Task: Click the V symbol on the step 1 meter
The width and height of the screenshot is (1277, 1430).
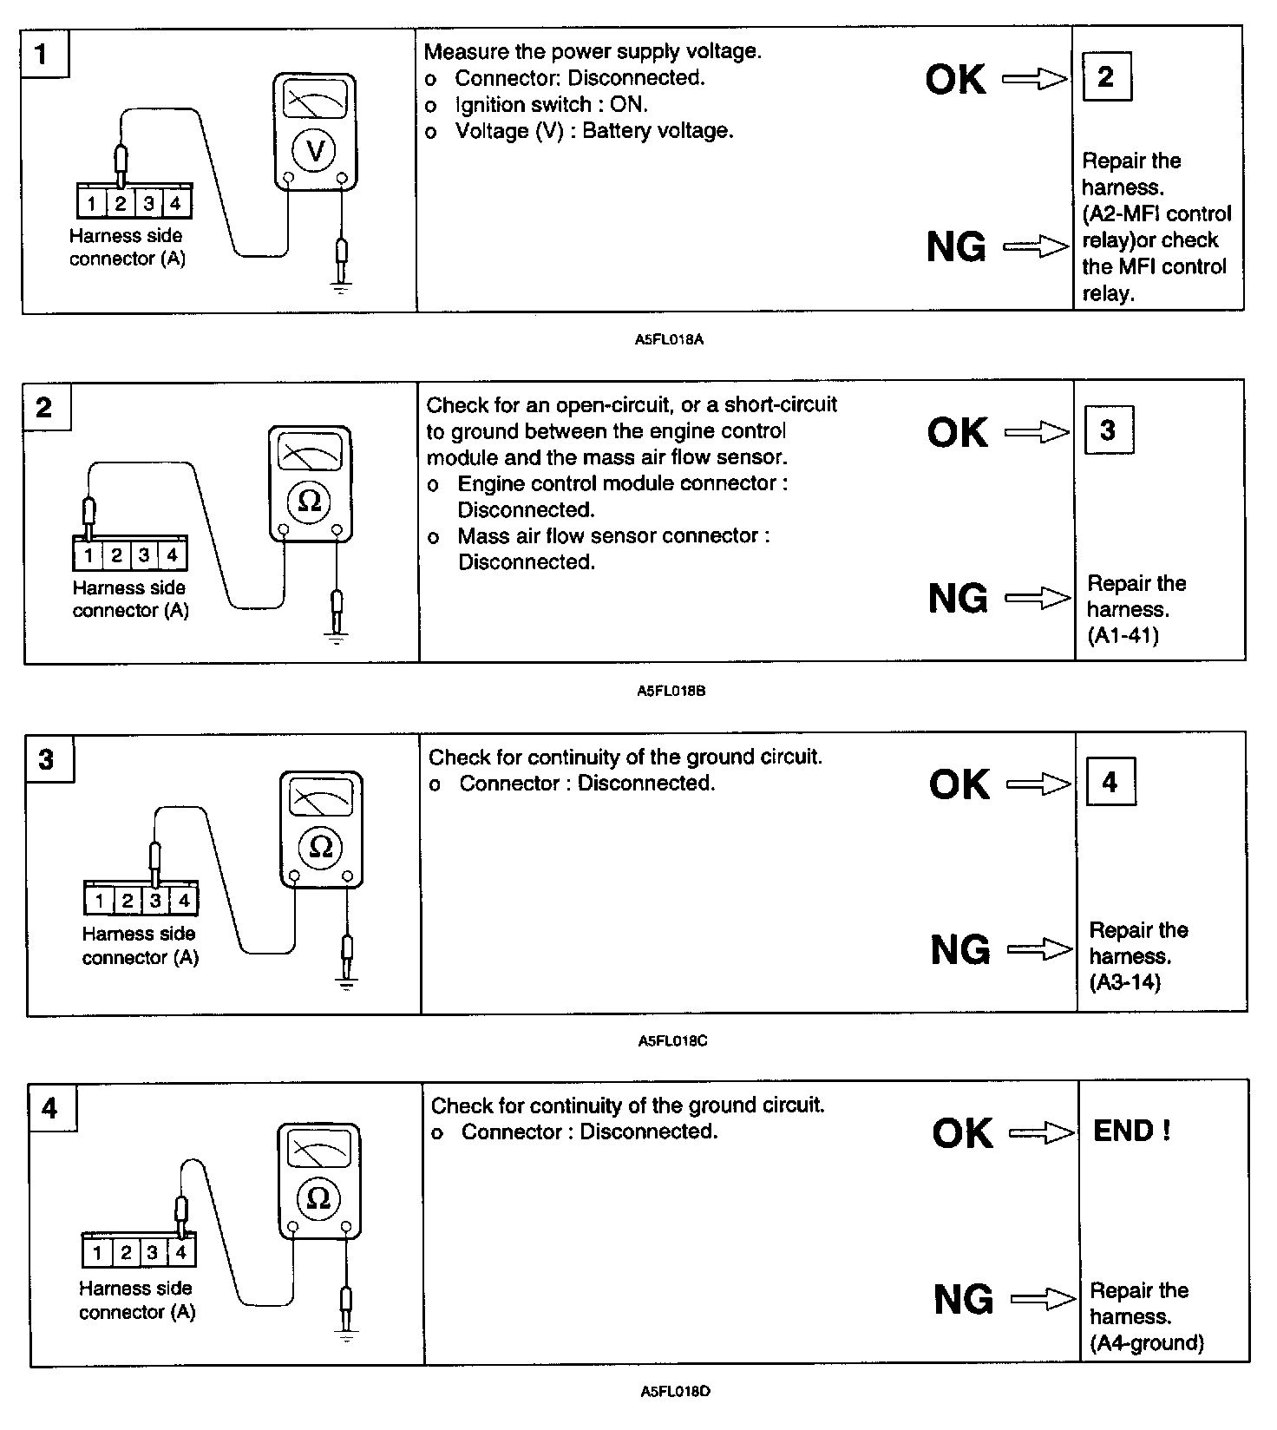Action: pos(315,152)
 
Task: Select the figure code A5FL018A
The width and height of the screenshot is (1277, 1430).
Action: pos(669,340)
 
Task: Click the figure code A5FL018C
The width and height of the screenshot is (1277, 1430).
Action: pos(672,1041)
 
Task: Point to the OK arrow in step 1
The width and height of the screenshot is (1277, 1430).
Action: pos(1035,80)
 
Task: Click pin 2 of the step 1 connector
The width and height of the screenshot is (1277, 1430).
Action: pos(121,204)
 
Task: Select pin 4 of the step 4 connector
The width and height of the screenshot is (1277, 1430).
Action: pos(180,1252)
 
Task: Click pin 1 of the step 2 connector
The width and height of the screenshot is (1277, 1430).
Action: pos(88,555)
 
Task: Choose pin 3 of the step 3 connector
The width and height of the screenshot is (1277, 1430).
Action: pos(155,901)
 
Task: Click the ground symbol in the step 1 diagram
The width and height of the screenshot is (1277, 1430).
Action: pos(341,285)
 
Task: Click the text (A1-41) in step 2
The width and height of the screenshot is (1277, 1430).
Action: pos(1123,636)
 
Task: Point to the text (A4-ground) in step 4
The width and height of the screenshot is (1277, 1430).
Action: pos(1147,1343)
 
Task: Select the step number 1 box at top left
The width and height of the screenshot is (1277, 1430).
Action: pos(43,54)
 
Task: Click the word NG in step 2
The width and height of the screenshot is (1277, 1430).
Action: pos(958,599)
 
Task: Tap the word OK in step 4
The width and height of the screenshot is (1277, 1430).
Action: pos(962,1133)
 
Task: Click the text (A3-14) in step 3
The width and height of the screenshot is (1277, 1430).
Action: pos(1125,982)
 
